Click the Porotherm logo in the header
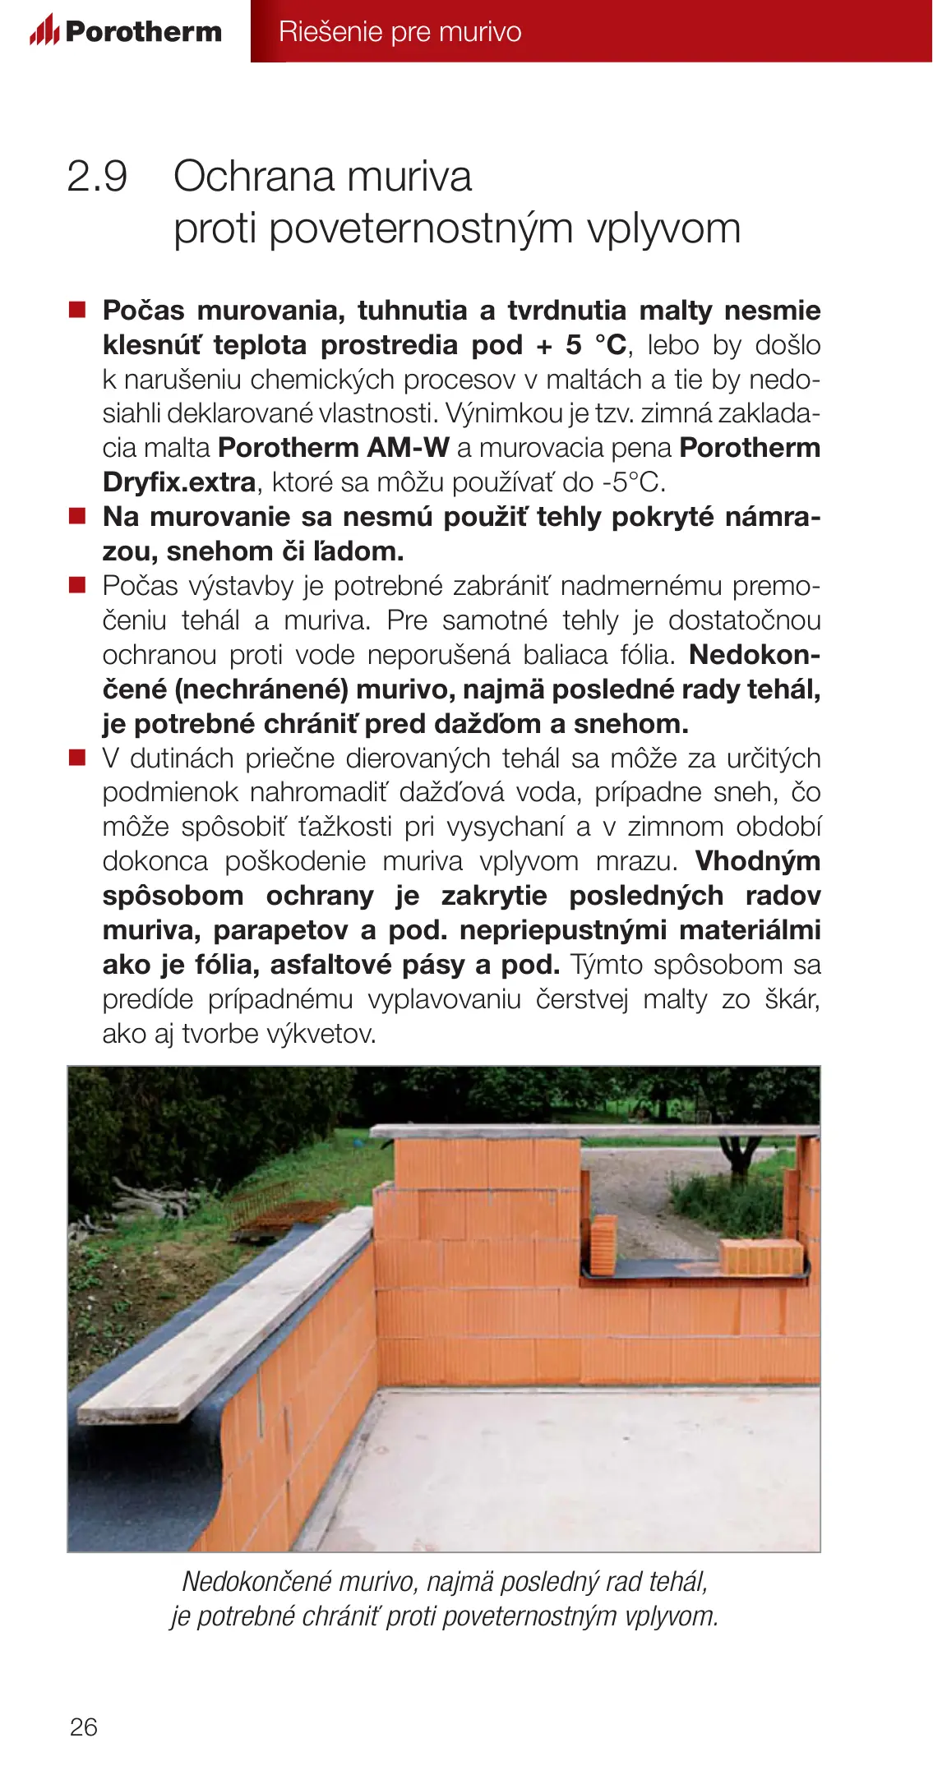126,31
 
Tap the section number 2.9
97,177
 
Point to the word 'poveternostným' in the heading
420,228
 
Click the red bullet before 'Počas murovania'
77,310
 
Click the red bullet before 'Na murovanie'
77,517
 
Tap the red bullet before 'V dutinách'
77,758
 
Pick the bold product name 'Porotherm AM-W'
333,448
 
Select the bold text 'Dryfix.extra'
179,482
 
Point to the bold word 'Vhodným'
757,861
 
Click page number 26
83,1727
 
